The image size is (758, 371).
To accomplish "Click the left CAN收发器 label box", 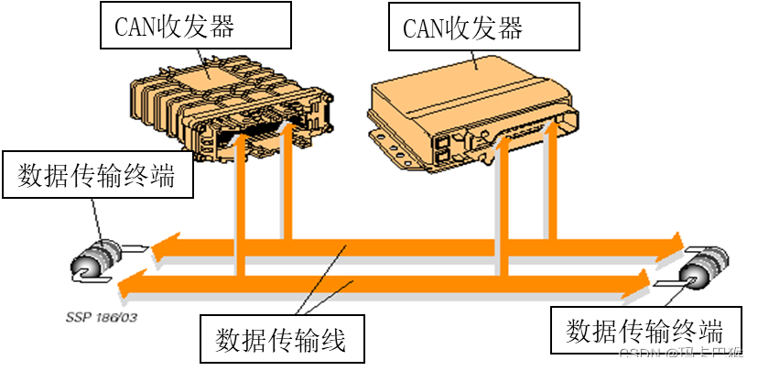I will [x=195, y=26].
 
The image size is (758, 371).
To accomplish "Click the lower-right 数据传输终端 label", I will [x=644, y=331].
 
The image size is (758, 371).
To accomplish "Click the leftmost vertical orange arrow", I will [x=241, y=202].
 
